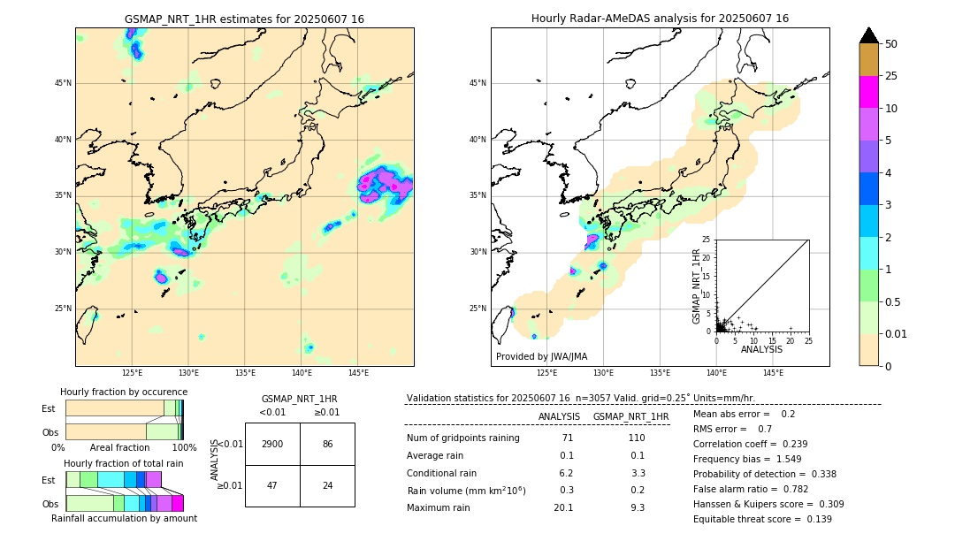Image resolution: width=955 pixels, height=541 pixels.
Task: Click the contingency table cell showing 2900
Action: pyautogui.click(x=272, y=444)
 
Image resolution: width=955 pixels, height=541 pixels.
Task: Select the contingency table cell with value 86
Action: pyautogui.click(x=327, y=444)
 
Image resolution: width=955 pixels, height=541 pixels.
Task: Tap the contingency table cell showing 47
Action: pyautogui.click(x=272, y=486)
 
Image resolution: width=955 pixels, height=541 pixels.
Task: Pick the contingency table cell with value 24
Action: pyautogui.click(x=327, y=486)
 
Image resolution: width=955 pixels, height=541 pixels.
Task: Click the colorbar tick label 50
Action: pyautogui.click(x=891, y=44)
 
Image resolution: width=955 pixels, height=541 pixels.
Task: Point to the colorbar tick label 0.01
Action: pyautogui.click(x=897, y=333)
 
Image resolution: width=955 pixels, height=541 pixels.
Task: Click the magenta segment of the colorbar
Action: pyautogui.click(x=869, y=92)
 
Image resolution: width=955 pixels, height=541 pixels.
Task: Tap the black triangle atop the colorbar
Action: pyautogui.click(x=869, y=35)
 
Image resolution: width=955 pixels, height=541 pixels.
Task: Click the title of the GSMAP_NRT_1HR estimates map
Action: pyautogui.click(x=244, y=19)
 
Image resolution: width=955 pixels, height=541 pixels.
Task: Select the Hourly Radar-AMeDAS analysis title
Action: pyautogui.click(x=660, y=19)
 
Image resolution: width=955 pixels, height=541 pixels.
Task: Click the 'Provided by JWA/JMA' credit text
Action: pyautogui.click(x=541, y=356)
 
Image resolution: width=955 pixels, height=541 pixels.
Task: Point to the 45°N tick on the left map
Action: pyautogui.click(x=63, y=83)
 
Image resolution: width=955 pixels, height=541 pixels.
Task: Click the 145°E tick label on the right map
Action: pyautogui.click(x=773, y=373)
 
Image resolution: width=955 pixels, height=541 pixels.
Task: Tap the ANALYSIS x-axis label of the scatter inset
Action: pyautogui.click(x=761, y=349)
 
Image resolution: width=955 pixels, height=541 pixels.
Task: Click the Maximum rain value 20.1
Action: pyautogui.click(x=563, y=507)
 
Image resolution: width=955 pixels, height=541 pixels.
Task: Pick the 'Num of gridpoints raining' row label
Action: pyautogui.click(x=463, y=438)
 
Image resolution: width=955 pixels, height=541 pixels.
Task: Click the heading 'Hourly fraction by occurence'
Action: pyautogui.click(x=124, y=392)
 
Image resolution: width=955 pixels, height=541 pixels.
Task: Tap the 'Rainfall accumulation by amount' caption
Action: pyautogui.click(x=124, y=518)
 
